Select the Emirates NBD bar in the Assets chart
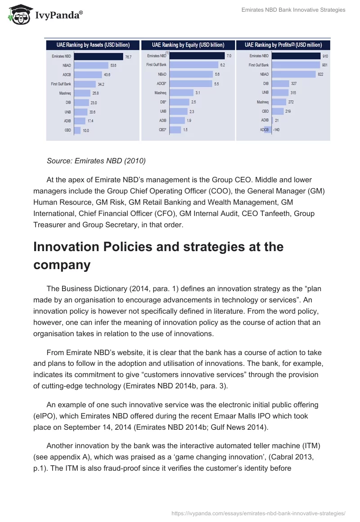pyautogui.click(x=99, y=56)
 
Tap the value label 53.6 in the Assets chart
pyautogui.click(x=113, y=65)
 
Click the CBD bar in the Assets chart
pyautogui.click(x=77, y=130)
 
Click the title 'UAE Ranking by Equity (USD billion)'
pyautogui.click(x=188, y=45)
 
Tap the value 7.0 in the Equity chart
pyautogui.click(x=229, y=56)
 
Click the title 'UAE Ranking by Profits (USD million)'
pyautogui.click(x=283, y=45)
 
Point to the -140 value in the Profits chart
pyautogui.click(x=276, y=130)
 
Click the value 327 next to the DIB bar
pyautogui.click(x=294, y=84)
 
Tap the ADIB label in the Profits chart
pyautogui.click(x=265, y=120)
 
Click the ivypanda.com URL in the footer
pyautogui.click(x=259, y=513)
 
